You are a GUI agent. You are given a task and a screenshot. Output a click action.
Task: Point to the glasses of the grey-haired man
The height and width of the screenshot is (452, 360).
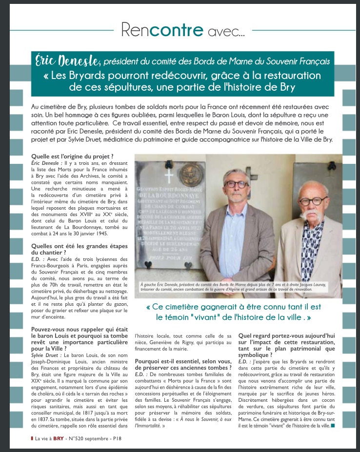click(237, 184)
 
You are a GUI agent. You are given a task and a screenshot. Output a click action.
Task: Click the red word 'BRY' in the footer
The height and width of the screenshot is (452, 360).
click(59, 438)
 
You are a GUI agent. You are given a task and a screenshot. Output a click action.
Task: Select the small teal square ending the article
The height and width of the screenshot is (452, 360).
click(332, 426)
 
